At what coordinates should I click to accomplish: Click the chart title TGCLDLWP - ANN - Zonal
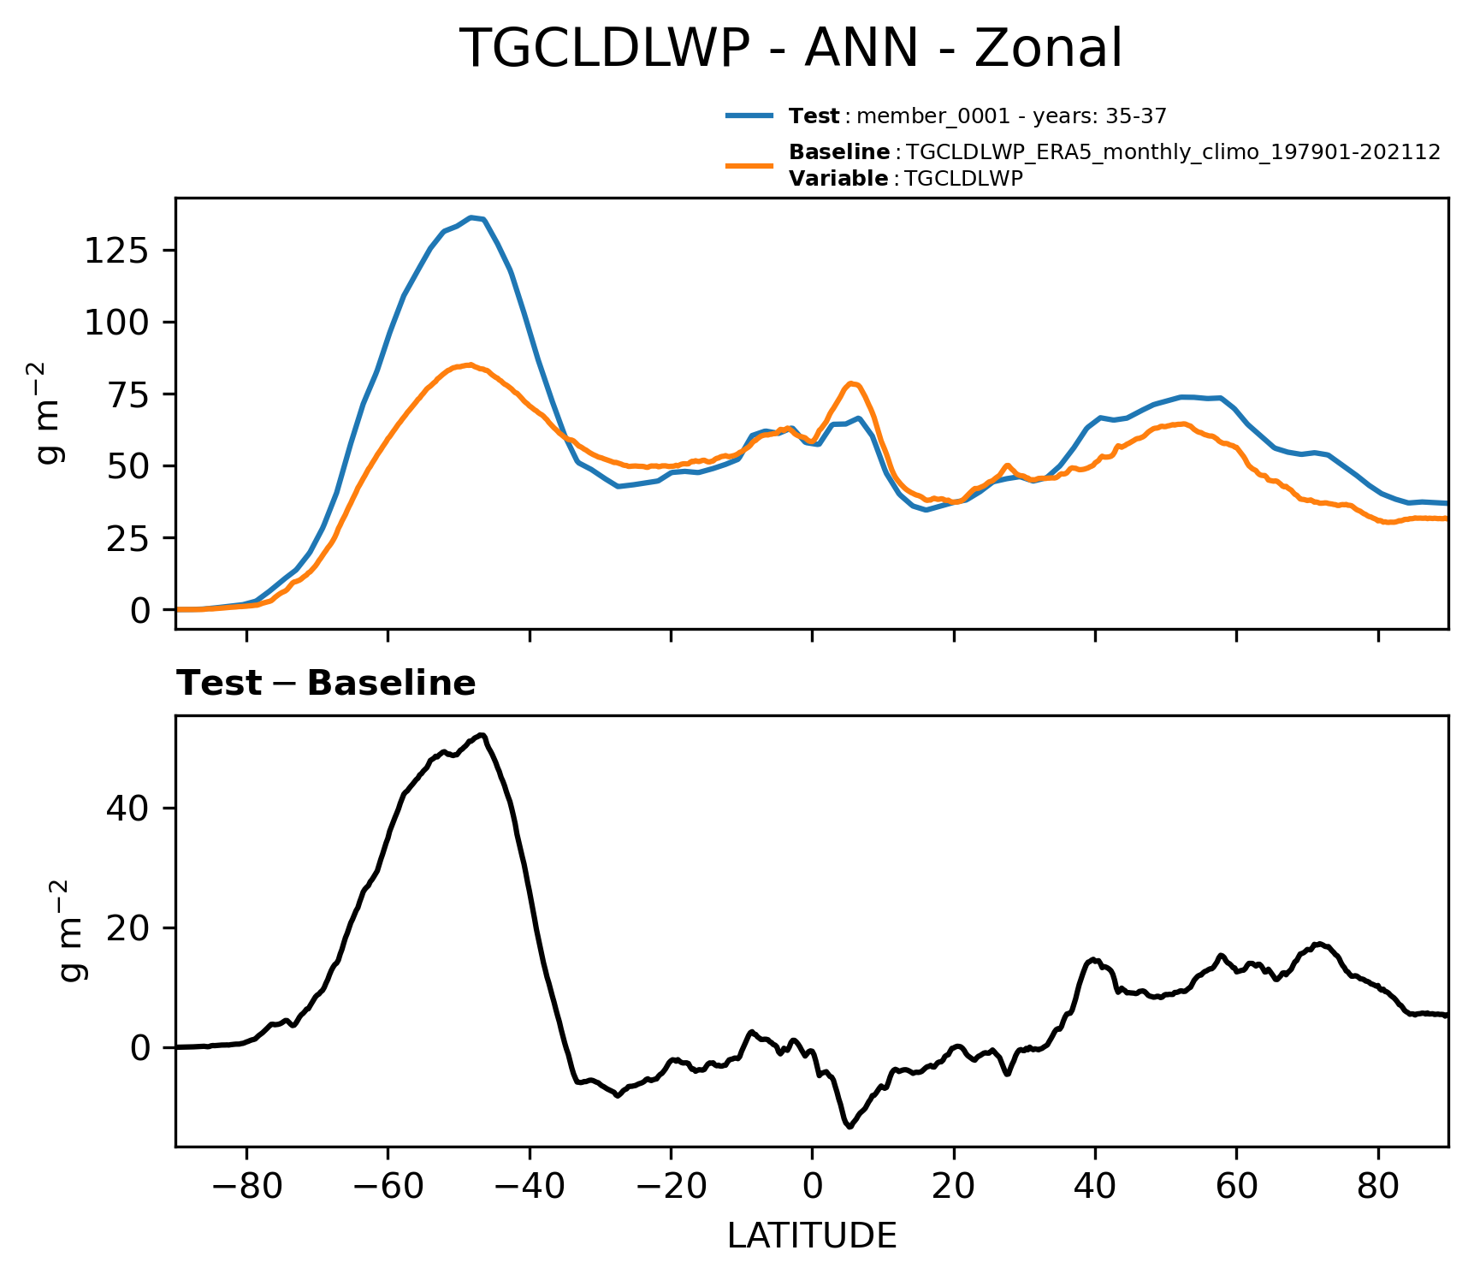click(x=790, y=49)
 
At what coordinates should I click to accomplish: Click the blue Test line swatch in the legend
click(x=749, y=116)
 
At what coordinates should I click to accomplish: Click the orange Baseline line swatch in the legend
click(x=749, y=165)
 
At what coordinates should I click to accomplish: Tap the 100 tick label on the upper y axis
click(x=118, y=323)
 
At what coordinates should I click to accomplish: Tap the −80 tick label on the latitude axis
click(x=246, y=1186)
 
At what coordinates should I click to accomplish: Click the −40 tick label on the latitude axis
click(x=530, y=1186)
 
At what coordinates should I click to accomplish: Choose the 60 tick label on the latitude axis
click(x=1236, y=1186)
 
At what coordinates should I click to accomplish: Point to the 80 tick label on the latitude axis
click(x=1378, y=1186)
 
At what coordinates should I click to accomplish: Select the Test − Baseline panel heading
click(x=326, y=684)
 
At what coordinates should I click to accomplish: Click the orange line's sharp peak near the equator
click(x=851, y=383)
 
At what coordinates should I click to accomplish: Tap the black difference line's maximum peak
click(x=482, y=735)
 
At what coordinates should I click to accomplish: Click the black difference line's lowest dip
click(x=849, y=1127)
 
